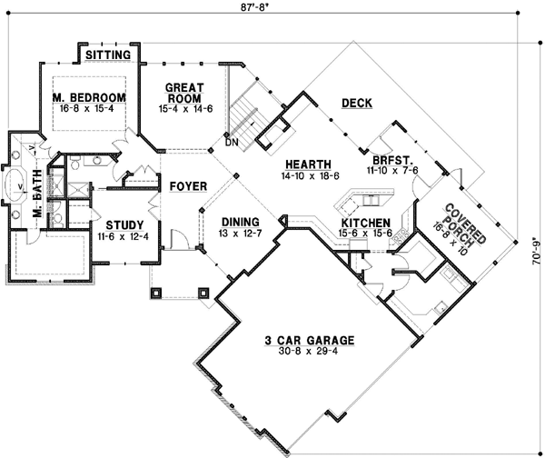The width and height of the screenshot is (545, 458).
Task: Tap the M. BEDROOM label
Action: coord(88,97)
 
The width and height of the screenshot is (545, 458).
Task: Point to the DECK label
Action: coord(356,104)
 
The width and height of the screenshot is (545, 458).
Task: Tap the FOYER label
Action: coord(188,186)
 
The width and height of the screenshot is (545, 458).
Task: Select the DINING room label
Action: coord(239,221)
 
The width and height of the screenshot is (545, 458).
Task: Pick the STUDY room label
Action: coord(123,224)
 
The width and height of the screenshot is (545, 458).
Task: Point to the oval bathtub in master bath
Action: coord(19,188)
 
